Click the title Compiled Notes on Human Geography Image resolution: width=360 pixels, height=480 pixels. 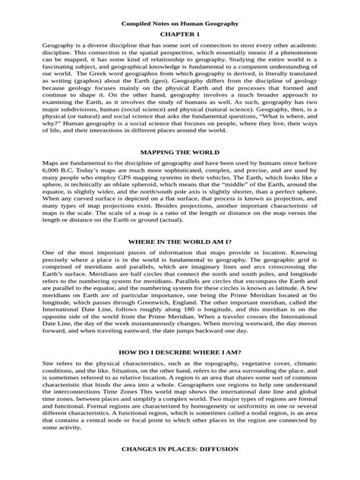click(180, 24)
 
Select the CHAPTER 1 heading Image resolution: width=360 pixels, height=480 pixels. click(180, 35)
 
